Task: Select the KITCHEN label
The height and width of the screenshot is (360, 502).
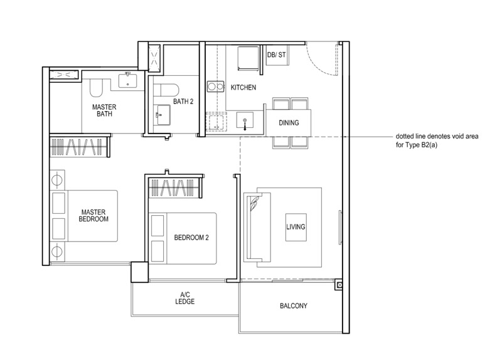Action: point(243,88)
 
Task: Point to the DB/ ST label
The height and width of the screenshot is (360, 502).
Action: point(276,55)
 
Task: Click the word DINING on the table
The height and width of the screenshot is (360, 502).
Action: point(289,123)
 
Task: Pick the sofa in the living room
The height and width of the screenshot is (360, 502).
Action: point(255,227)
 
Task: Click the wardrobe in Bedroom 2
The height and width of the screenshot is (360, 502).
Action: point(175,186)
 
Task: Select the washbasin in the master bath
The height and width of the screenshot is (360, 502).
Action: point(130,80)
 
